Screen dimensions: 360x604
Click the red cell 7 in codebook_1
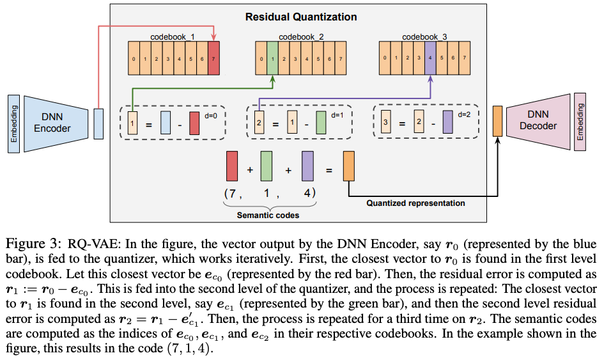click(213, 60)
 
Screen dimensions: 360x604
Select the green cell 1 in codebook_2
click(273, 60)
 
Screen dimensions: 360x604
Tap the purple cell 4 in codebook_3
click(430, 60)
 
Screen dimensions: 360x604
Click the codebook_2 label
click(301, 37)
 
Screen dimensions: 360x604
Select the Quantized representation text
click(415, 203)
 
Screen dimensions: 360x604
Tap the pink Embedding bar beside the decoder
click(580, 121)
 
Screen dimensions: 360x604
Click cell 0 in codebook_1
click(134, 60)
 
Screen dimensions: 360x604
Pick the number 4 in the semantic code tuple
click(307, 192)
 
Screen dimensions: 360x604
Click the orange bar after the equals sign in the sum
click(349, 166)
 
